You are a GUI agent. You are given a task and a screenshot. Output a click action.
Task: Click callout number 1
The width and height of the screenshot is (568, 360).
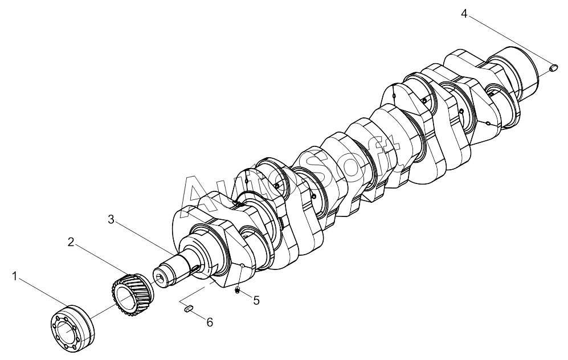(x=14, y=277)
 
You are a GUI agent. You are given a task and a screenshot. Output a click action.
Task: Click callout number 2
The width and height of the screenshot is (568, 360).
(x=71, y=242)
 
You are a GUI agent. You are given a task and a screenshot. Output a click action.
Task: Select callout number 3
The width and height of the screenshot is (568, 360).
(x=111, y=219)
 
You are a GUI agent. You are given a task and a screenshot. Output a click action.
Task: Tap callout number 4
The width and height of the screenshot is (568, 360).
(x=464, y=14)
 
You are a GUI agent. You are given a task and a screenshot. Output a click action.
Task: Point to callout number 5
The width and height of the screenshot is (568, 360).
(x=256, y=300)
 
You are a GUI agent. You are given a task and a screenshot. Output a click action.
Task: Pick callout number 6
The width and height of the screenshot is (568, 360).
(x=210, y=322)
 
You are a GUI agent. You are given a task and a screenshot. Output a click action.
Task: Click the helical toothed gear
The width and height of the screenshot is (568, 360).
(x=132, y=293)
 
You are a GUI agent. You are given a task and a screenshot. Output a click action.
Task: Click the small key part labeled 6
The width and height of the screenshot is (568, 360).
(x=189, y=309)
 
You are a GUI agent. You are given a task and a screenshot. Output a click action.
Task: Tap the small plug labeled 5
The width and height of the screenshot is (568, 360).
(x=237, y=289)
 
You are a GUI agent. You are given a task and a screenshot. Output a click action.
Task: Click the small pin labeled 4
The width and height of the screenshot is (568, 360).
(x=553, y=68)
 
